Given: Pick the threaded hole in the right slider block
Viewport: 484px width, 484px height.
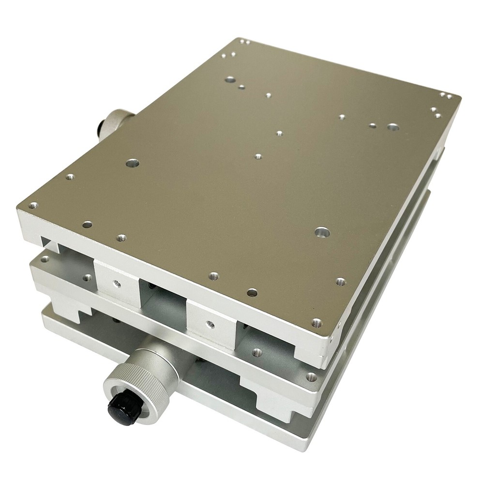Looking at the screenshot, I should point(209,323).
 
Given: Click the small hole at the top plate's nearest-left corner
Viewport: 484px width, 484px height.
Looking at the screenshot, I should point(33,206).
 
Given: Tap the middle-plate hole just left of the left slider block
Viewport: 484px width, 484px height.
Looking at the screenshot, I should point(87,278).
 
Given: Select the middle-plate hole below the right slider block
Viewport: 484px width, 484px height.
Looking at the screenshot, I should point(257,352).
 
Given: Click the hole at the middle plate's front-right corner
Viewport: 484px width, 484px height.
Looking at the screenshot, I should point(310,376).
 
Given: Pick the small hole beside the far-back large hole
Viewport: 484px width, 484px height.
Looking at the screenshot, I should point(241,88).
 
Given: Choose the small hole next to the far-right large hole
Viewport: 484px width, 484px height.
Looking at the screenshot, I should point(372,125).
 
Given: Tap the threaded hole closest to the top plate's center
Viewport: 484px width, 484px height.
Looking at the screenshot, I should point(258,156).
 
